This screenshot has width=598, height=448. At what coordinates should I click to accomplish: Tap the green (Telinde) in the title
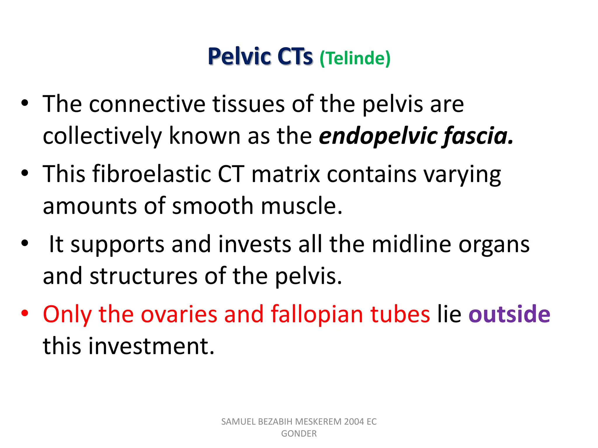tap(355, 58)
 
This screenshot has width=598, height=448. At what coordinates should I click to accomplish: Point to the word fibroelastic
tap(152, 174)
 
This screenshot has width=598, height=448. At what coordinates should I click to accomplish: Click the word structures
tap(143, 276)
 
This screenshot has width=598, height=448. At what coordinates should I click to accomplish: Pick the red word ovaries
tap(179, 314)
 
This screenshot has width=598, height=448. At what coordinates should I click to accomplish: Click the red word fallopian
tap(317, 314)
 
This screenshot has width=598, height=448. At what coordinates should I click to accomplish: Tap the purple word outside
tap(509, 314)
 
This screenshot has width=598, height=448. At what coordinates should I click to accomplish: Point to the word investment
tap(152, 346)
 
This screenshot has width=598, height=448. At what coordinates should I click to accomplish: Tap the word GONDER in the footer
tap(299, 434)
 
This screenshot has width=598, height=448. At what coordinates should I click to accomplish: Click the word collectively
tap(102, 136)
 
